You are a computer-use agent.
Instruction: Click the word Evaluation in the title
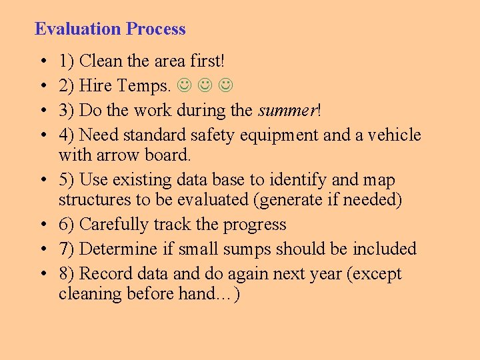tap(78, 29)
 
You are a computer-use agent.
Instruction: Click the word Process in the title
tap(156, 29)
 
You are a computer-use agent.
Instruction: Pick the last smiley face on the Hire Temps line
tap(227, 86)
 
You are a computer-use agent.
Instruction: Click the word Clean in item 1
tap(101, 61)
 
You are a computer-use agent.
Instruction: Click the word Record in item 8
tap(103, 274)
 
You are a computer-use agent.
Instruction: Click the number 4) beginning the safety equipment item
tap(66, 135)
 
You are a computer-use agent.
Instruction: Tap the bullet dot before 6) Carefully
tap(42, 225)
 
